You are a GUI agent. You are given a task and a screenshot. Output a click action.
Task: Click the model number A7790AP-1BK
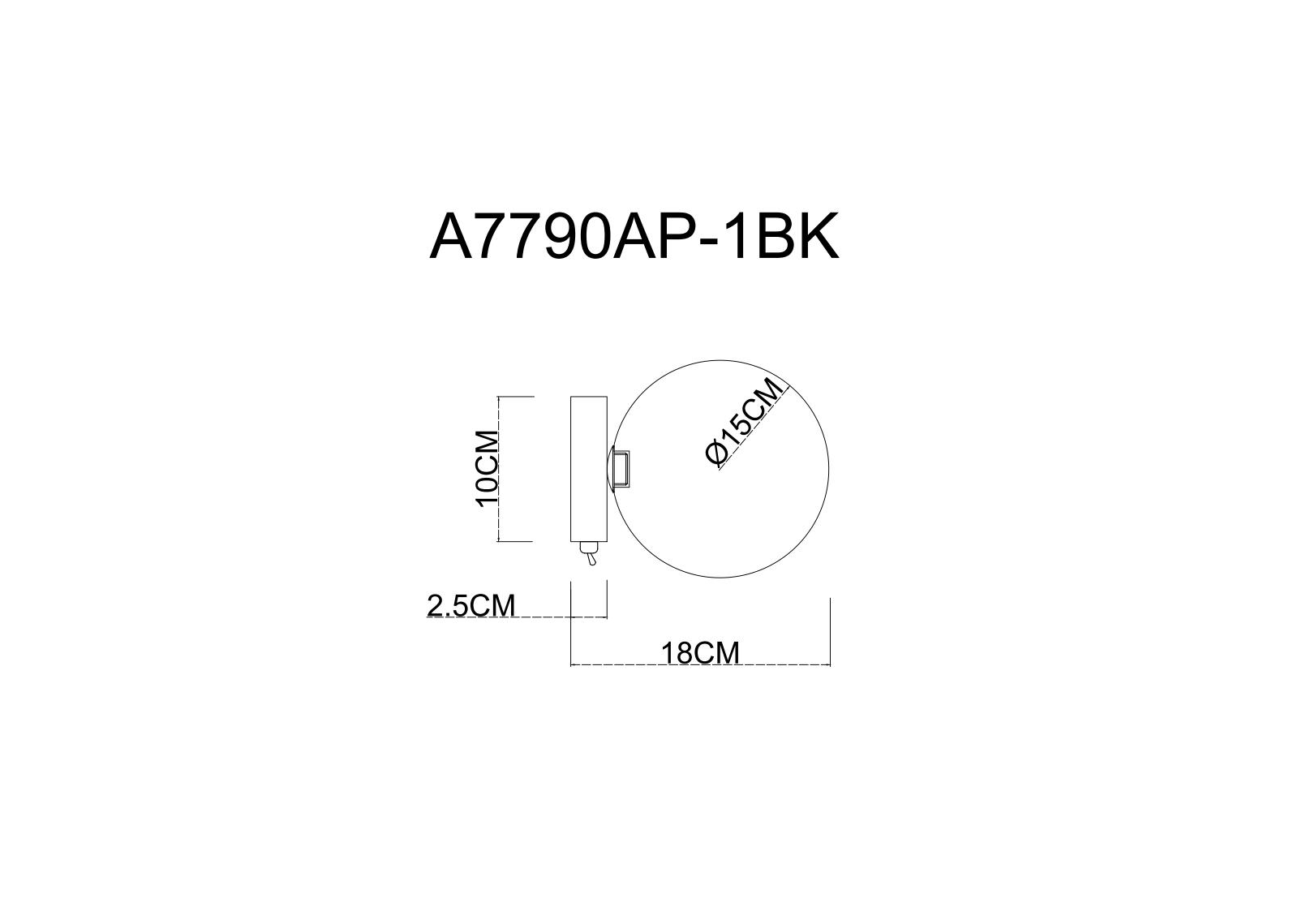[634, 236]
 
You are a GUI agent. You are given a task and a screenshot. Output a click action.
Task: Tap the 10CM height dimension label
[487, 469]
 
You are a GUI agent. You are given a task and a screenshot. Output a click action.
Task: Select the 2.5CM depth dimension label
[471, 606]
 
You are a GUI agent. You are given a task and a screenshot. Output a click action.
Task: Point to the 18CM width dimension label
[700, 654]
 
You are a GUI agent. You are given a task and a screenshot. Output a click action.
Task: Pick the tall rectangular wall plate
[589, 469]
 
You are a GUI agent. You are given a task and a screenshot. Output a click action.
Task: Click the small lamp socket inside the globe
[621, 469]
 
